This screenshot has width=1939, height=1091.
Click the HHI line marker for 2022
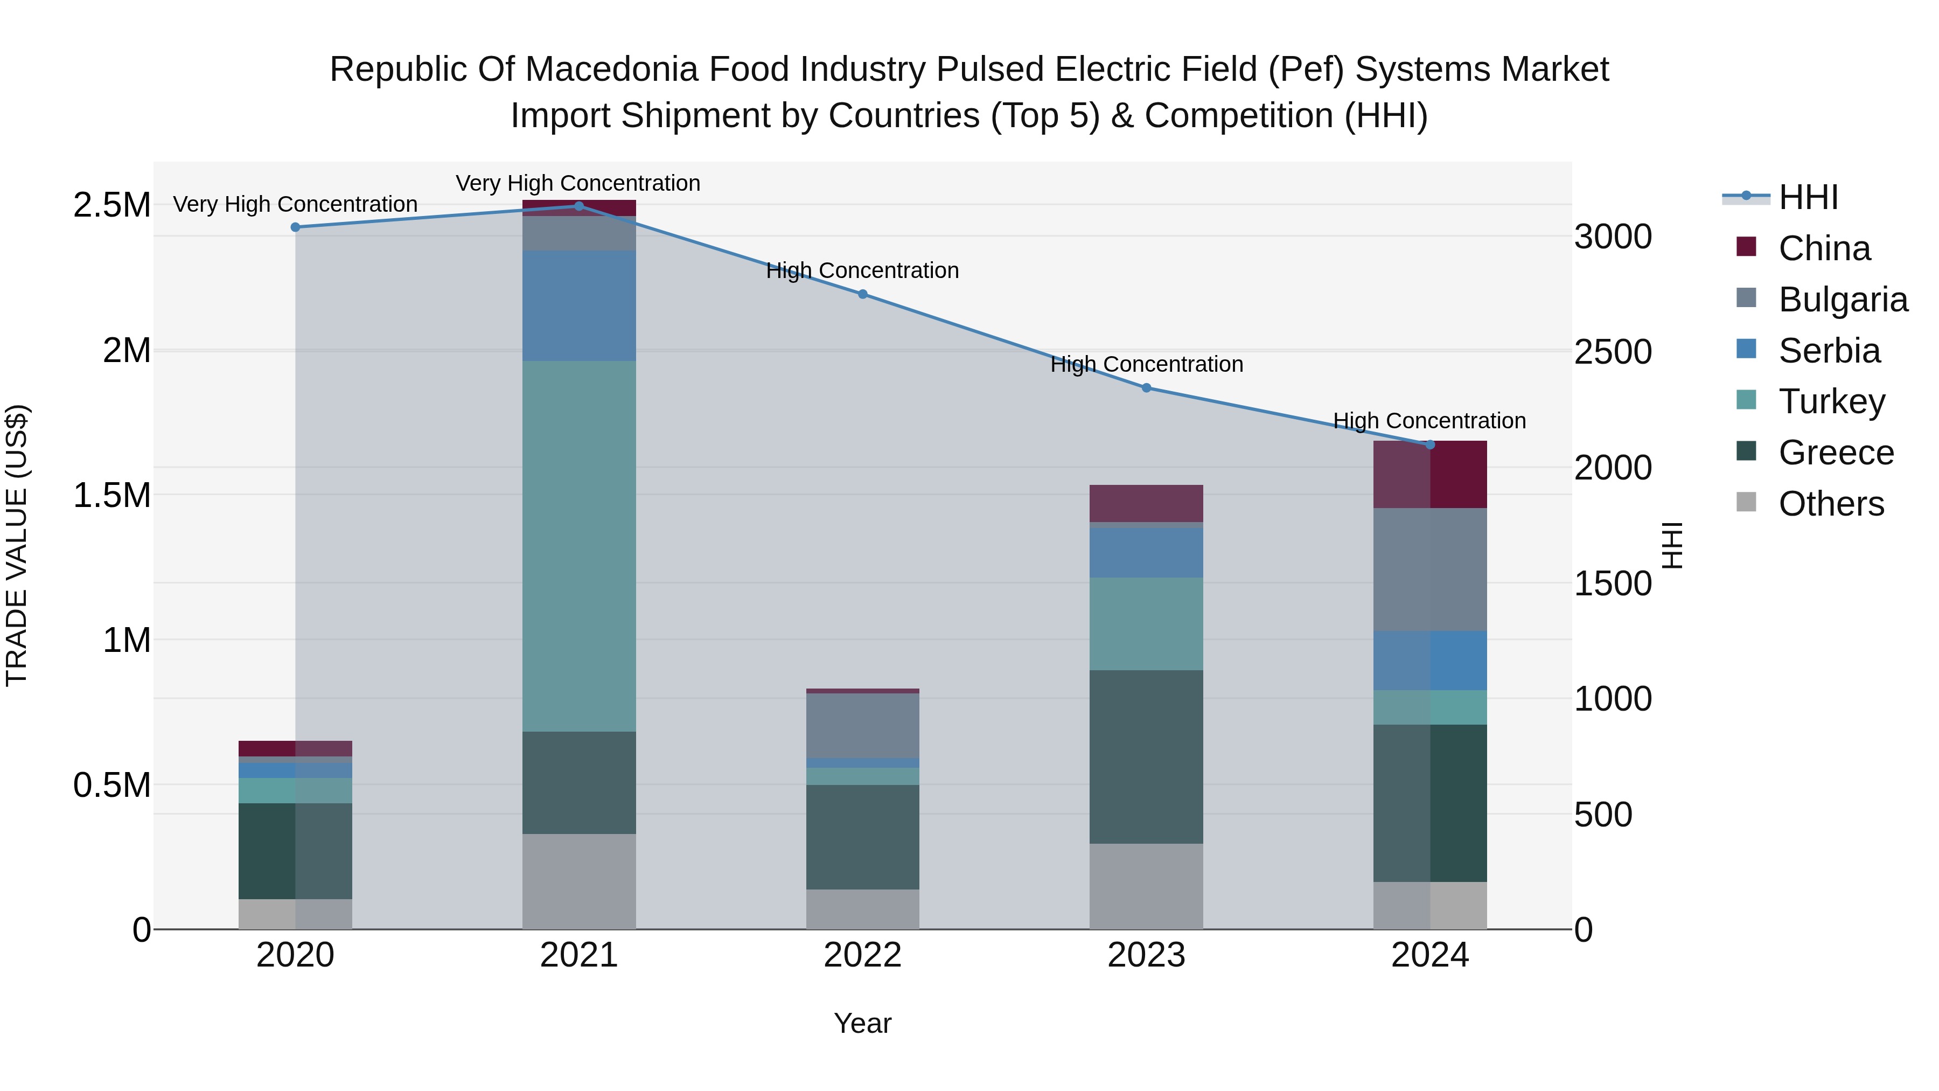863,294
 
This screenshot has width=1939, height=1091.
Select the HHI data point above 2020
295,227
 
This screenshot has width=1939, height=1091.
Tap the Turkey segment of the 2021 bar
579,546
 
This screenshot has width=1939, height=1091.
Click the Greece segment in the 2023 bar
1146,757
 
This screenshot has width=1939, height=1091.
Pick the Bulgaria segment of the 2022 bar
863,725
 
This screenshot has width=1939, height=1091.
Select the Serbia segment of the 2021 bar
579,305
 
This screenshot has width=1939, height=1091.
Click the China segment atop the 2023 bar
1146,503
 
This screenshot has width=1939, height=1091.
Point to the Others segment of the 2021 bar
579,881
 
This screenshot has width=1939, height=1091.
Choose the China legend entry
1823,248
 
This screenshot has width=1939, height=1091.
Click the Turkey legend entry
1831,401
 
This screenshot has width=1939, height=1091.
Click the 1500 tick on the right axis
1612,584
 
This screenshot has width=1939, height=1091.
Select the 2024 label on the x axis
1429,955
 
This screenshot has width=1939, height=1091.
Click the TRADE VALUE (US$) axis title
17,545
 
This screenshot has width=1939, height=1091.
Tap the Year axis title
863,1023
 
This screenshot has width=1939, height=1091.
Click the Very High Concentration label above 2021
577,183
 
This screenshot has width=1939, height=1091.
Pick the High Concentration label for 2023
1146,364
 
